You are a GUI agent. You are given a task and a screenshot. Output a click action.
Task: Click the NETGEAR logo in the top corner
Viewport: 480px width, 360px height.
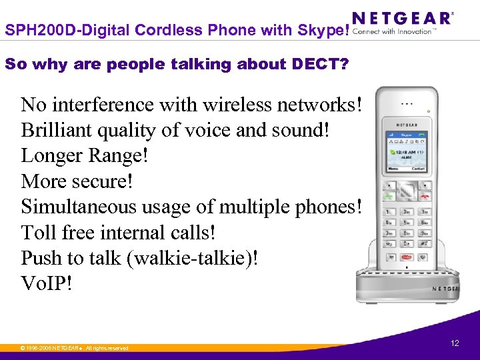pos(402,18)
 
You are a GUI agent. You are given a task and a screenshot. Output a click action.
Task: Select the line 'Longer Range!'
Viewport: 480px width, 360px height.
pos(85,155)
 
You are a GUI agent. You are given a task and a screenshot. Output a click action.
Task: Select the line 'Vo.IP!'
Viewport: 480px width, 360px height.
pos(46,283)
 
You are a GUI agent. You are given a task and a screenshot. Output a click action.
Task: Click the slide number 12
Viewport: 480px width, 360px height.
pos(455,343)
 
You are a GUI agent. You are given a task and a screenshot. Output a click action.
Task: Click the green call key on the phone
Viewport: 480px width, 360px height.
pos(388,196)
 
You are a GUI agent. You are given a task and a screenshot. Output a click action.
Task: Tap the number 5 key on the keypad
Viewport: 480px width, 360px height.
pos(407,222)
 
